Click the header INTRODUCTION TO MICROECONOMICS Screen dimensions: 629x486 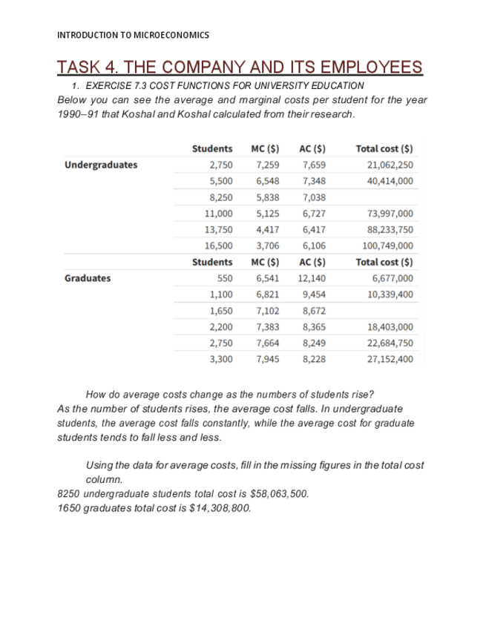(x=133, y=35)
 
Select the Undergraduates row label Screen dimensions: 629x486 (x=101, y=165)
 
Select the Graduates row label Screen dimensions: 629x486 (x=88, y=278)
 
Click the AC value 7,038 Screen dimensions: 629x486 (x=314, y=197)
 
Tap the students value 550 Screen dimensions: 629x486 (x=224, y=278)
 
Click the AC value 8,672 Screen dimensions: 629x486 (x=314, y=311)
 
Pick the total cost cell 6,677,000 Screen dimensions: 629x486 (x=390, y=278)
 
